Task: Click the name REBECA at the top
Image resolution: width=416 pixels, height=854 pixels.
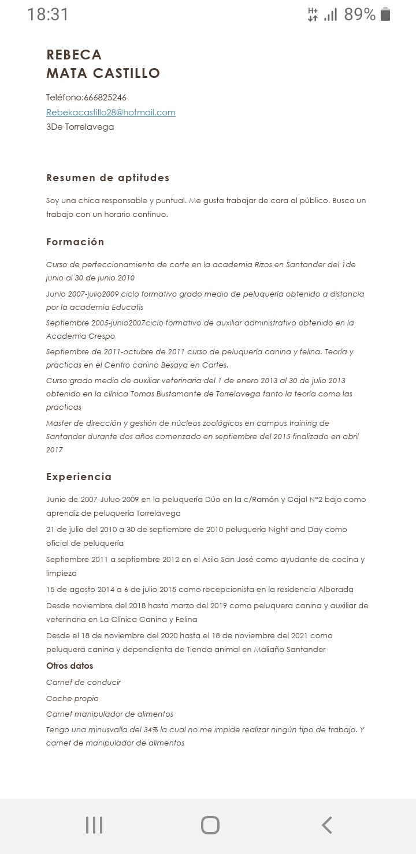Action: pyautogui.click(x=74, y=55)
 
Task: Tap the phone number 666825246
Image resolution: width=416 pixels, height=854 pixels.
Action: pyautogui.click(x=105, y=98)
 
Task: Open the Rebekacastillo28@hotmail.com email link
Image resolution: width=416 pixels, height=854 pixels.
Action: pyautogui.click(x=111, y=113)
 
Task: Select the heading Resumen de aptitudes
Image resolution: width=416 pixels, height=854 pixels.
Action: pyautogui.click(x=108, y=178)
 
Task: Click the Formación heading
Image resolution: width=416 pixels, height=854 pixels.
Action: pyautogui.click(x=75, y=242)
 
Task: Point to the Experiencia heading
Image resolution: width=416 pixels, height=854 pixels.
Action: pyautogui.click(x=79, y=477)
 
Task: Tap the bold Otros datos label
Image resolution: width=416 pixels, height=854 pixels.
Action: pyautogui.click(x=69, y=666)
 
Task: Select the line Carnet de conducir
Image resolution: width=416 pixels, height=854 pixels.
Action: pyautogui.click(x=83, y=682)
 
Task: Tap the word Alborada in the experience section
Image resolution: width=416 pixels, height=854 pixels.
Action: pyautogui.click(x=336, y=590)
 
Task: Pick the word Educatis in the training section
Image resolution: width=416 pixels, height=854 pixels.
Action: pyautogui.click(x=125, y=307)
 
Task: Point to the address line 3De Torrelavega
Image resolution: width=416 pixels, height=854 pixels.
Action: pyautogui.click(x=80, y=127)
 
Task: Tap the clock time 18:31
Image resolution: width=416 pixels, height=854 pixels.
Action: pyautogui.click(x=48, y=14)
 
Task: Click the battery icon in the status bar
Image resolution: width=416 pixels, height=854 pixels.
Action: pyautogui.click(x=385, y=14)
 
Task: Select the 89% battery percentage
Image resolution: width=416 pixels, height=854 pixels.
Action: pyautogui.click(x=359, y=14)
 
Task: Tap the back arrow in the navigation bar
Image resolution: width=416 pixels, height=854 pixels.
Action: pyautogui.click(x=327, y=825)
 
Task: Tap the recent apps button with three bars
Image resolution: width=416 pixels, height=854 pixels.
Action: pyautogui.click(x=94, y=825)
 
